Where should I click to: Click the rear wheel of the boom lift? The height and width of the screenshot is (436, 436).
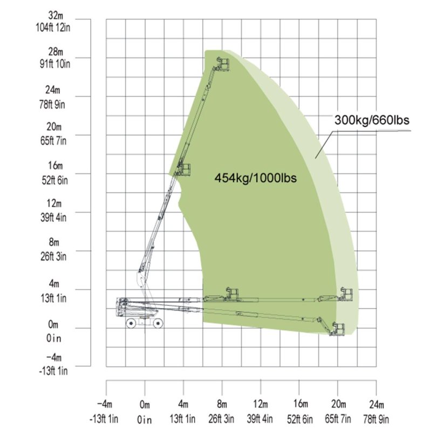tap(131, 323)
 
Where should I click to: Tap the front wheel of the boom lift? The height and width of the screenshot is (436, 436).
tap(158, 323)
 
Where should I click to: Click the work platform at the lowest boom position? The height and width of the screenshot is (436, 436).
tap(339, 328)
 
